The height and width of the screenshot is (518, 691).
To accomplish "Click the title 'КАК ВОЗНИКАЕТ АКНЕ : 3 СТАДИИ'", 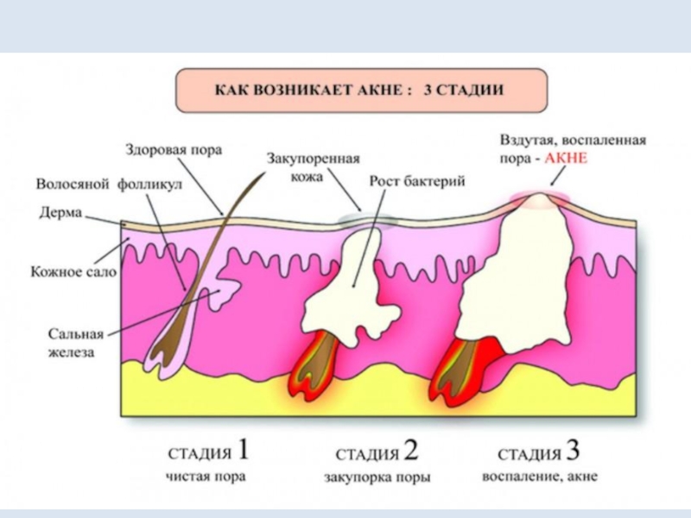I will click(x=360, y=91).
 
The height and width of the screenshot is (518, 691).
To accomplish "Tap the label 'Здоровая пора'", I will click(x=173, y=149).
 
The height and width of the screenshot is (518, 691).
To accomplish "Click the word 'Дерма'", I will click(x=60, y=212).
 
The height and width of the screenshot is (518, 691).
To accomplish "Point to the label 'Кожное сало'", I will click(x=73, y=270).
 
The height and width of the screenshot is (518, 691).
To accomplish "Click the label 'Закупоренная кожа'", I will click(x=312, y=167).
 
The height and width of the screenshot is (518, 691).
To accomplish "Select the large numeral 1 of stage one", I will click(x=244, y=451).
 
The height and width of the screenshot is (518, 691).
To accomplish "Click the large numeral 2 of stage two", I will click(x=410, y=451).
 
